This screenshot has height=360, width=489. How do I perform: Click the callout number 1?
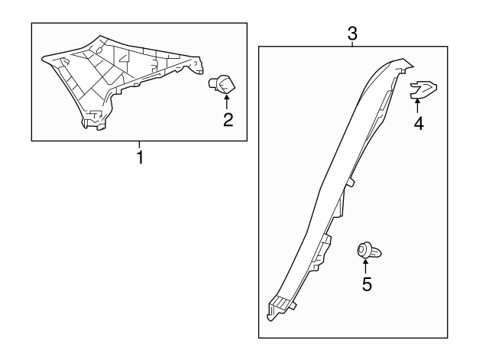[x=140, y=157]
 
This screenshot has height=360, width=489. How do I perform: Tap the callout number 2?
[x=228, y=120]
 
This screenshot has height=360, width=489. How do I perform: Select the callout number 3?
[x=352, y=34]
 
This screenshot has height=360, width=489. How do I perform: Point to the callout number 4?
[x=419, y=123]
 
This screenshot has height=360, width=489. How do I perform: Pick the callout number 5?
[x=367, y=284]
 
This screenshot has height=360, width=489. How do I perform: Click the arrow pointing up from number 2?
[x=227, y=102]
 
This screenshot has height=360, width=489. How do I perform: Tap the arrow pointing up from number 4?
[x=417, y=105]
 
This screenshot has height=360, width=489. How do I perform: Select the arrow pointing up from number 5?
[x=364, y=265]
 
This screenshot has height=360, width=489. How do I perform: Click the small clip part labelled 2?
[x=222, y=84]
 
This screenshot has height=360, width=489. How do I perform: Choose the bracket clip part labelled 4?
[x=423, y=89]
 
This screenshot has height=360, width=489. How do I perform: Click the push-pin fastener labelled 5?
[x=369, y=251]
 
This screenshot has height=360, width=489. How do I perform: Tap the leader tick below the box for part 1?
[x=139, y=145]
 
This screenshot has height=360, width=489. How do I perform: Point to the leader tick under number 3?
[x=352, y=44]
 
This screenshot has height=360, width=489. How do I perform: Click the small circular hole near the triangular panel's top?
[x=99, y=50]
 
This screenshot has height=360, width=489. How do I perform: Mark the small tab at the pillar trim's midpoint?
[x=351, y=183]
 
